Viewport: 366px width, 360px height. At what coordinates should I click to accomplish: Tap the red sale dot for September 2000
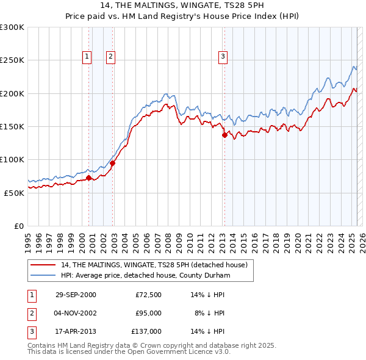[x=89, y=178]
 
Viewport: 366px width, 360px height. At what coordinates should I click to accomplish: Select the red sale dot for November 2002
[x=113, y=163]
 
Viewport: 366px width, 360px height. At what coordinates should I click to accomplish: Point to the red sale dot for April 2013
[x=224, y=135]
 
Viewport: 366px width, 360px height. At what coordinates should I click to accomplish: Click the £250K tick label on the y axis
[x=12, y=60]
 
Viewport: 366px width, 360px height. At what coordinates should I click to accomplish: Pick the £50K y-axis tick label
[x=14, y=193]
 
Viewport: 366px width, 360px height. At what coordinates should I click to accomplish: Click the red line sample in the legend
[x=43, y=265]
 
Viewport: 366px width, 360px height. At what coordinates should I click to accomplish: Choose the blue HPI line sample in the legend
[x=43, y=275]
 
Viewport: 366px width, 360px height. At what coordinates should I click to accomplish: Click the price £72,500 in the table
[x=148, y=295]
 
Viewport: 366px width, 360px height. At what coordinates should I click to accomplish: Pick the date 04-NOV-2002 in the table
[x=76, y=313]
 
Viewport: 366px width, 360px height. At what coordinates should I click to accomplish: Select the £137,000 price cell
[x=146, y=331]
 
